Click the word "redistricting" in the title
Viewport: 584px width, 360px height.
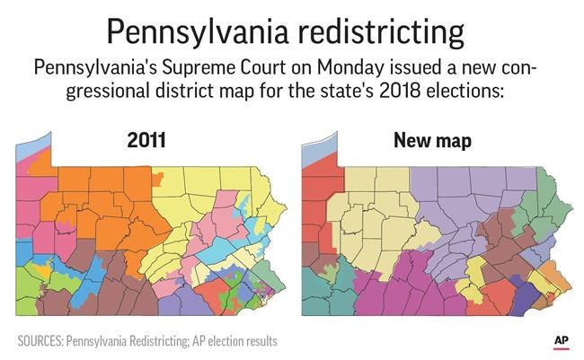click(376, 33)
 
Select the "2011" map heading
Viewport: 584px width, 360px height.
click(146, 141)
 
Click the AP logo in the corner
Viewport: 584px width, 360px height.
click(561, 341)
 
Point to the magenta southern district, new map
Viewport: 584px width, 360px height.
click(404, 287)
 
